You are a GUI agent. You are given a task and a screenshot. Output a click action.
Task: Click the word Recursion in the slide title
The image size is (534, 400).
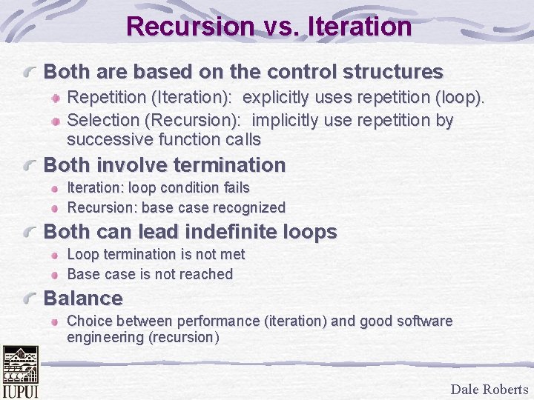(190, 27)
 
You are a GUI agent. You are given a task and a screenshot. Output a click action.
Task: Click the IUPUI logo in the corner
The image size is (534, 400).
(20, 373)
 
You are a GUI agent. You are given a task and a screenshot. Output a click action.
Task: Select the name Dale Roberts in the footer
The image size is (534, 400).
(489, 390)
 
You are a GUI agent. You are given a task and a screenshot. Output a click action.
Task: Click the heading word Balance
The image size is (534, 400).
(83, 299)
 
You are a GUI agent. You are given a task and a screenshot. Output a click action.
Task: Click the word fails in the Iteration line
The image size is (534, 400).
(234, 188)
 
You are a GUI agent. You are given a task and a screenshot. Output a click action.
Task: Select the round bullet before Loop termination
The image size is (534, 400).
(56, 255)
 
